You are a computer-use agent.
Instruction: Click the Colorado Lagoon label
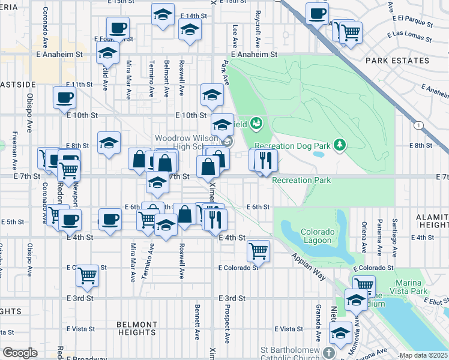[316, 236]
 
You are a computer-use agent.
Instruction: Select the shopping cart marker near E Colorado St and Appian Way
[258, 251]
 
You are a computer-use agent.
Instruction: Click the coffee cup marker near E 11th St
[64, 98]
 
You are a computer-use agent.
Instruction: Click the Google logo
[20, 353]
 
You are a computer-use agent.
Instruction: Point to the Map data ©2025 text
[423, 355]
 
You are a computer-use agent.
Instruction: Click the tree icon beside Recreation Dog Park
[340, 144]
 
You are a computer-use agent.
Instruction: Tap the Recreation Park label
[301, 180]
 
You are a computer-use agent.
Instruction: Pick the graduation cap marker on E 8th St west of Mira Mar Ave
[109, 143]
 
